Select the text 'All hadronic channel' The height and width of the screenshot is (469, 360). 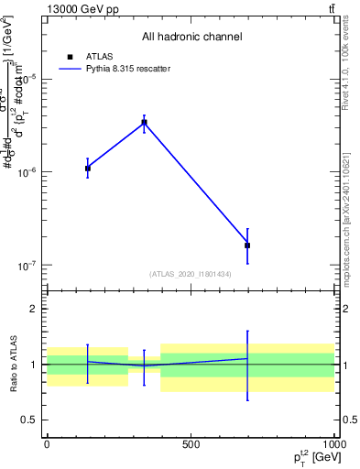coord(191,38)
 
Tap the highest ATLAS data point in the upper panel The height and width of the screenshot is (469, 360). coord(144,123)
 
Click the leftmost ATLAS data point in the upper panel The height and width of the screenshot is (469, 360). coord(88,169)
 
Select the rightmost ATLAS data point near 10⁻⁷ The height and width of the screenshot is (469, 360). coord(247,245)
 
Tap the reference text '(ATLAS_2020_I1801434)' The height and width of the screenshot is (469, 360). coord(190,274)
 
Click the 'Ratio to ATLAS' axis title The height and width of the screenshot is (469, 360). coord(12,364)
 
